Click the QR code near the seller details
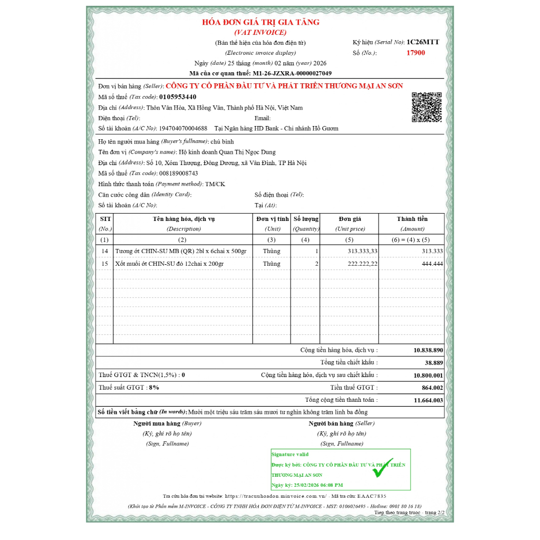pyautogui.click(x=426, y=107)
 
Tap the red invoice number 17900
pyautogui.click(x=416, y=53)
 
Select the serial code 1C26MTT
pyautogui.click(x=423, y=42)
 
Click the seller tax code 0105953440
pyautogui.click(x=177, y=97)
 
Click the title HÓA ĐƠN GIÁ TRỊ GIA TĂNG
pyautogui.click(x=261, y=22)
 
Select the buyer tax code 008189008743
pyautogui.click(x=178, y=173)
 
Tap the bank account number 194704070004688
pyautogui.click(x=183, y=129)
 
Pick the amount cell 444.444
pyautogui.click(x=432, y=264)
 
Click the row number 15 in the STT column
pyautogui.click(x=104, y=264)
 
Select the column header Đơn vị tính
pyautogui.click(x=272, y=219)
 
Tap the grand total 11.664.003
pyautogui.click(x=428, y=400)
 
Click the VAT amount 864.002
pyautogui.click(x=432, y=388)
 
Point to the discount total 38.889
pyautogui.click(x=433, y=363)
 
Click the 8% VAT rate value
pyautogui.click(x=154, y=388)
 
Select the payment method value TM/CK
pyautogui.click(x=215, y=184)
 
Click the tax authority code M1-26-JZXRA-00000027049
pyautogui.click(x=292, y=73)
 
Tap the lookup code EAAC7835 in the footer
pyautogui.click(x=372, y=496)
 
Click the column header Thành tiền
pyautogui.click(x=412, y=219)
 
